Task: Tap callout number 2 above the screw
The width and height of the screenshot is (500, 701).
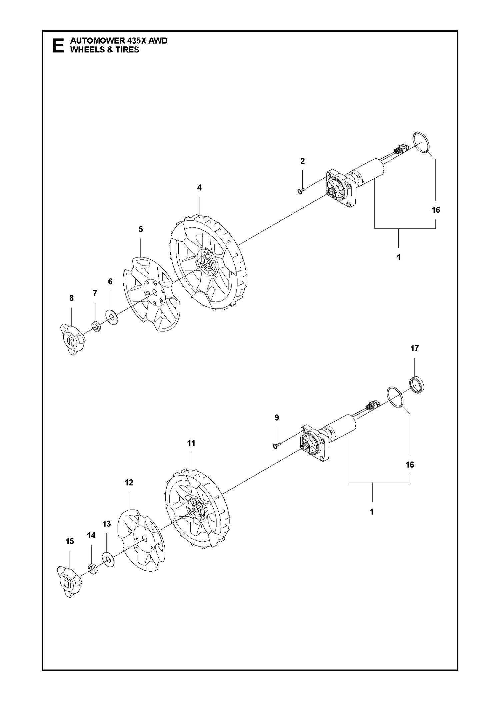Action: pos(302,161)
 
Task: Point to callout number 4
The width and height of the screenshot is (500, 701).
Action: pos(199,188)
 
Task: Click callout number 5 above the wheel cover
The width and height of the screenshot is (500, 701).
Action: pos(141,229)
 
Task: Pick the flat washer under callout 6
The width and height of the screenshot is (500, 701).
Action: pos(112,317)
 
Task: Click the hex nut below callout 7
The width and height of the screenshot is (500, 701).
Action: pos(96,326)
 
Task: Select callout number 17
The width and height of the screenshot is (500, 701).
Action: pos(414,348)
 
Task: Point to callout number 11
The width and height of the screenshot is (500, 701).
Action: pos(191,443)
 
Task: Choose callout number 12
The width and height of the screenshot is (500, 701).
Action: pos(129,483)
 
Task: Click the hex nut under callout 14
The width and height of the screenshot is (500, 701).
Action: pos(93,569)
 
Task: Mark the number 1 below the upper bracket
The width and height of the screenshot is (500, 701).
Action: pos(398,257)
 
